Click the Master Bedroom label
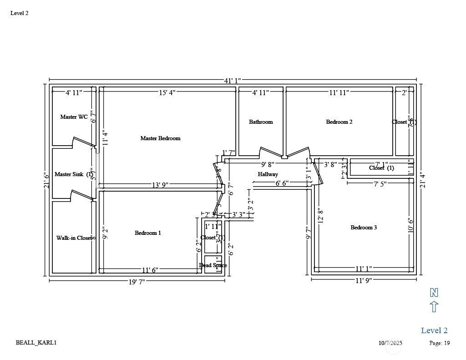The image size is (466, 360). pos(160,138)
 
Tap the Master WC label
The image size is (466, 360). pos(74,117)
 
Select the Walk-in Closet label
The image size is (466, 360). pos(74,238)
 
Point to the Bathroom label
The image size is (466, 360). pos(261,122)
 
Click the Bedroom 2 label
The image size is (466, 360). pos(339,122)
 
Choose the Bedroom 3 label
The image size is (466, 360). pos(364,228)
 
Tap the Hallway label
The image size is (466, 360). pos(268,174)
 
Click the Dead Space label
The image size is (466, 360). pos(213,265)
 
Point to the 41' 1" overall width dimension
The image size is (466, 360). pos(233,81)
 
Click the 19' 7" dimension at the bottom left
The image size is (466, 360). pos(137,282)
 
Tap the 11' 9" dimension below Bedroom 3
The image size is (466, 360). pos(364,280)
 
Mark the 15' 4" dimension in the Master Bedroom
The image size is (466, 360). pos(167,93)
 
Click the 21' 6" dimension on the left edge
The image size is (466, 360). pos(46,180)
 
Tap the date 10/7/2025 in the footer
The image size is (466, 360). pos(390,343)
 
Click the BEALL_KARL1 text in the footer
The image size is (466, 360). pos(36,343)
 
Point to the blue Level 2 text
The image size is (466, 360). pos(434,330)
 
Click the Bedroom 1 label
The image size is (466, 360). pos(148,233)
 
